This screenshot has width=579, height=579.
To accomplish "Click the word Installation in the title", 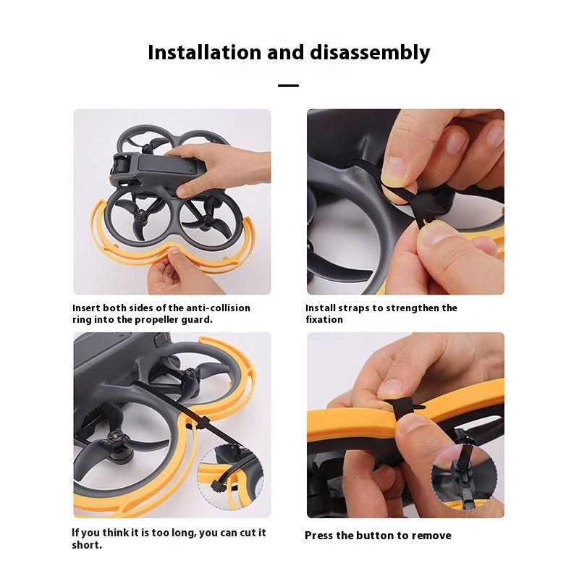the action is (x=204, y=52).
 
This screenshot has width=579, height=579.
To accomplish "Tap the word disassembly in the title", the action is (x=370, y=53).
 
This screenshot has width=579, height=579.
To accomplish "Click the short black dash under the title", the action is (x=288, y=85).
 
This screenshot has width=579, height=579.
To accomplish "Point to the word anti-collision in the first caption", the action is (x=218, y=308).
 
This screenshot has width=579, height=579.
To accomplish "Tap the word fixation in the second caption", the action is (x=324, y=319).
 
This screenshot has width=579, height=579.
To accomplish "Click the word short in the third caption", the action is (x=86, y=545).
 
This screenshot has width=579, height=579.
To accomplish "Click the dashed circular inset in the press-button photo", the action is (x=464, y=477).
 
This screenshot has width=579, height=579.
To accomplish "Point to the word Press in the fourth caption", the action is (x=318, y=536).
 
